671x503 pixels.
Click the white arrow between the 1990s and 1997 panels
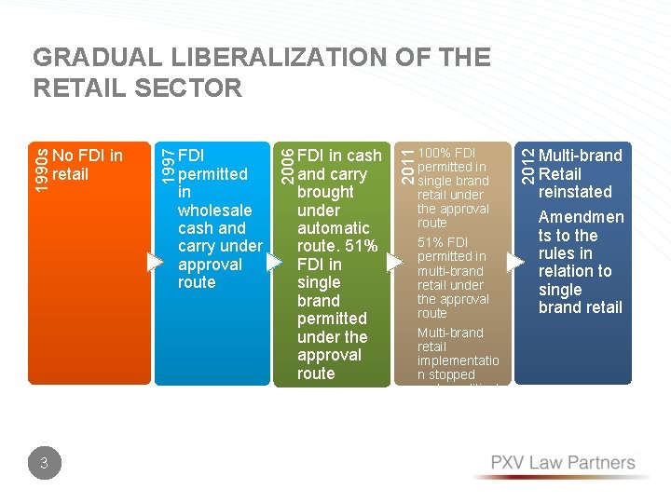click(x=156, y=262)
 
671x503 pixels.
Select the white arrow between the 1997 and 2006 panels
click(x=274, y=262)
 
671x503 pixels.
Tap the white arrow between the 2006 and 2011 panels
click(x=394, y=262)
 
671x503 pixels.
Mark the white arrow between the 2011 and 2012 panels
click(x=514, y=262)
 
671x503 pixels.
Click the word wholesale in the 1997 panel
click(x=214, y=210)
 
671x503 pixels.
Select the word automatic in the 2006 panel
click(x=333, y=228)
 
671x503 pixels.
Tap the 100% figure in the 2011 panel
click(x=433, y=153)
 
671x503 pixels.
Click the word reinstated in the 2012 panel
click(x=575, y=192)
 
